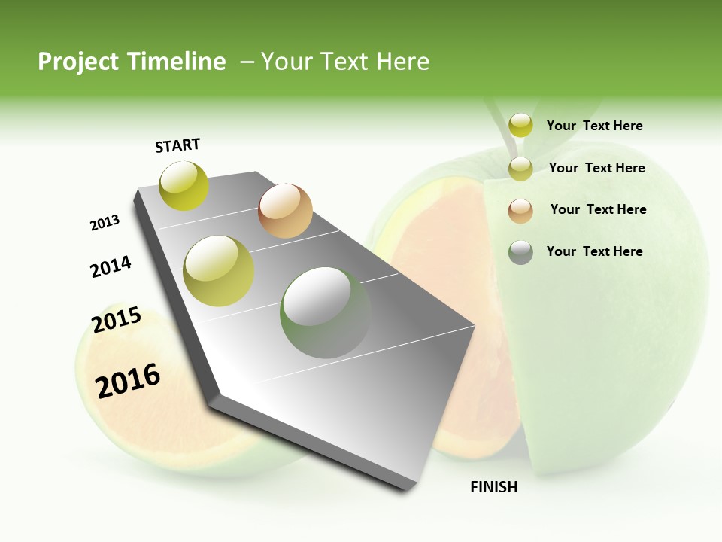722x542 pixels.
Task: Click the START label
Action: (177, 145)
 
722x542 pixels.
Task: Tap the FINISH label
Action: (493, 487)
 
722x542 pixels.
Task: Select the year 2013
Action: (105, 223)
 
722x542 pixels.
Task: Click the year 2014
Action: (111, 266)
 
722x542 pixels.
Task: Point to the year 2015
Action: (117, 320)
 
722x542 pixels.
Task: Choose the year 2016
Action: (128, 380)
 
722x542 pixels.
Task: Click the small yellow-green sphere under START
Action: (184, 185)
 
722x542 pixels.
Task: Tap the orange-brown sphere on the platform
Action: (285, 211)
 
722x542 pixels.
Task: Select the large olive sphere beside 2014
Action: (219, 270)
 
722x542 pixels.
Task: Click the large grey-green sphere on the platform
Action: (325, 312)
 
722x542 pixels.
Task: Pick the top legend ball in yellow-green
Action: (520, 125)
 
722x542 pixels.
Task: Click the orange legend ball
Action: (520, 210)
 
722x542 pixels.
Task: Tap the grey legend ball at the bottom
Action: (520, 252)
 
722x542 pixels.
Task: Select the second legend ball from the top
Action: (520, 169)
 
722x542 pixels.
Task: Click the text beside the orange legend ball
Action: (598, 209)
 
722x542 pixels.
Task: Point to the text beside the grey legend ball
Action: (594, 251)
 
